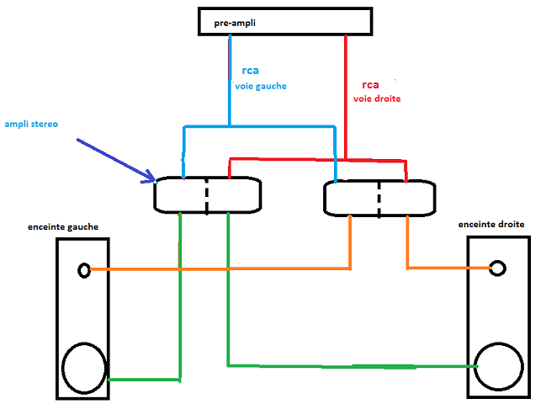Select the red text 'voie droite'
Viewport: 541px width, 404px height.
coord(376,98)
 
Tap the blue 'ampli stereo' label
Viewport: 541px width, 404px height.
coord(31,125)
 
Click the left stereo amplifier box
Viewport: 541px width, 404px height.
coord(207,194)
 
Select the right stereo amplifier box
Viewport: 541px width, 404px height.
coord(379,197)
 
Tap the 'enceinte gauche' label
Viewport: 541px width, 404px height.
coord(63,227)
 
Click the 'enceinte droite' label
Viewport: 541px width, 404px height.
coord(491,225)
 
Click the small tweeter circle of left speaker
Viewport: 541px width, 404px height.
coord(83,270)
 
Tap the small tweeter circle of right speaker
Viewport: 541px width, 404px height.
coord(498,268)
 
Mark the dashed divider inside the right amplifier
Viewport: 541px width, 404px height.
coord(379,197)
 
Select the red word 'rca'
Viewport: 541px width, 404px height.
coord(370,85)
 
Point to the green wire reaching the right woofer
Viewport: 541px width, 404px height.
coord(353,366)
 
